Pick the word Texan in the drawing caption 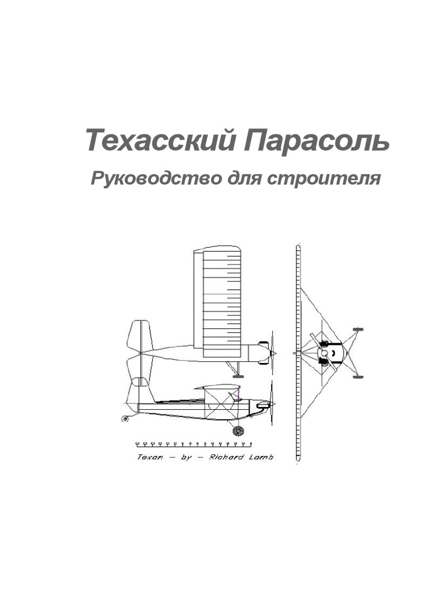coord(151,457)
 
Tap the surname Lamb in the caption coord(261,457)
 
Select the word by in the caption coord(186,457)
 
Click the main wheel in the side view coord(238,431)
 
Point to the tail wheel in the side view coord(125,418)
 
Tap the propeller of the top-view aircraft coord(272,353)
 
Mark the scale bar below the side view coord(193,444)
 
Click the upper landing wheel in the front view coord(358,329)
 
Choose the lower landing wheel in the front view coord(358,376)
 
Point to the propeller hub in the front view coord(324,353)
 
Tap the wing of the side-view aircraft coord(217,387)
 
